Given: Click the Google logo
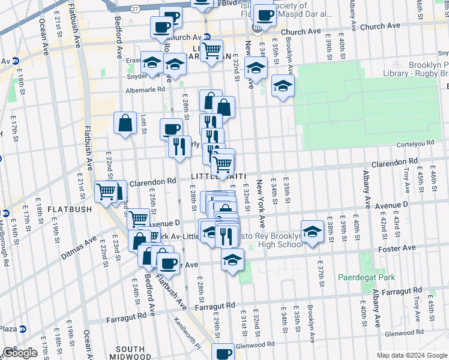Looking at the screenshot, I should (20, 353).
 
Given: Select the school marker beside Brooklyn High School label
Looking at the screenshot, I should (312, 232).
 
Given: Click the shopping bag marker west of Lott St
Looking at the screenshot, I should (125, 124).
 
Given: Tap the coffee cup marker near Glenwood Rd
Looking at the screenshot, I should (223, 353).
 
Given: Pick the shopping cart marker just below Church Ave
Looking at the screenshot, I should (211, 50).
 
